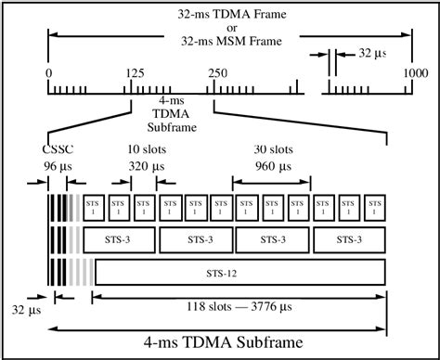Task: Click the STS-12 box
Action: [239, 273]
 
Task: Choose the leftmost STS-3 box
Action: [119, 238]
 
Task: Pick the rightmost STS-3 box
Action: [349, 238]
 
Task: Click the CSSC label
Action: [58, 148]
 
